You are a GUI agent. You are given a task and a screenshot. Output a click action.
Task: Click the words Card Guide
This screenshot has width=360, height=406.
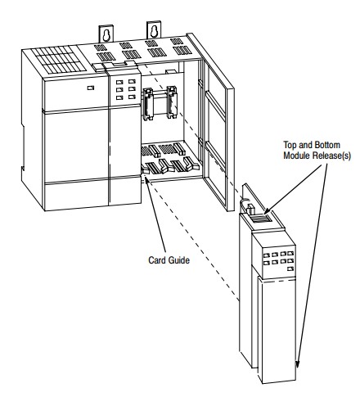pos(169,260)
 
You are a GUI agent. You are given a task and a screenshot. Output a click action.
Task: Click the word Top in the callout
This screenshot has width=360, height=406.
pos(290,145)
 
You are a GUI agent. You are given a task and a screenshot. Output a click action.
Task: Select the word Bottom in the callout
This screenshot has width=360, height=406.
pos(327,145)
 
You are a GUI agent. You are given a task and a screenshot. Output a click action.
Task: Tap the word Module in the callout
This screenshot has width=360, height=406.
pos(297,156)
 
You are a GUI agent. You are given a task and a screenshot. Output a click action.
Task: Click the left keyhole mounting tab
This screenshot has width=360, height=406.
pos(106,34)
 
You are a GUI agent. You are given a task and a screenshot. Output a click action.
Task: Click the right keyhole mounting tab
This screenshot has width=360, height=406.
pos(154,30)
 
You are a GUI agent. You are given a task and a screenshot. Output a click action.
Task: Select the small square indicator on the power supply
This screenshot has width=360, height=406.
pos(91,88)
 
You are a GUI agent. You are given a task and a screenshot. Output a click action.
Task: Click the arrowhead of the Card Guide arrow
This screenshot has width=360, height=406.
pos(146,180)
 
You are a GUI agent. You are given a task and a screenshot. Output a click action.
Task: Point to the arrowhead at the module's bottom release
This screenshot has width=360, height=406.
pos(297,364)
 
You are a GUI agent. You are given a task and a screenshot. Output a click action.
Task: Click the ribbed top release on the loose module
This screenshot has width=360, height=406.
pos(260,218)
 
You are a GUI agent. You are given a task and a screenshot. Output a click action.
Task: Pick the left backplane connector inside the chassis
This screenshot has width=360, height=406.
pos(148,103)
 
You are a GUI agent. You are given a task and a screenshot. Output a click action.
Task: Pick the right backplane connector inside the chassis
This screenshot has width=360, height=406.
pos(172,102)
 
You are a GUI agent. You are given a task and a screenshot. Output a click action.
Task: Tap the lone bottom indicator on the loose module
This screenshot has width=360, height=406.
pos(290,269)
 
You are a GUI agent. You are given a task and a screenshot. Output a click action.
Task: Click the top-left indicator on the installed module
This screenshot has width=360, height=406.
pos(119,82)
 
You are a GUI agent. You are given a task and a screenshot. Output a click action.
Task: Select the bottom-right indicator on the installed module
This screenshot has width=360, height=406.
pos(133,97)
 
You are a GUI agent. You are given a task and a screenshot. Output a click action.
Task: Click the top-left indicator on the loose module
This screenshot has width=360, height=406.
pos(267,255)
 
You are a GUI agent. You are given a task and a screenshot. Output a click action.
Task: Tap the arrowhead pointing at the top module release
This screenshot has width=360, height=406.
pos(268,210)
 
